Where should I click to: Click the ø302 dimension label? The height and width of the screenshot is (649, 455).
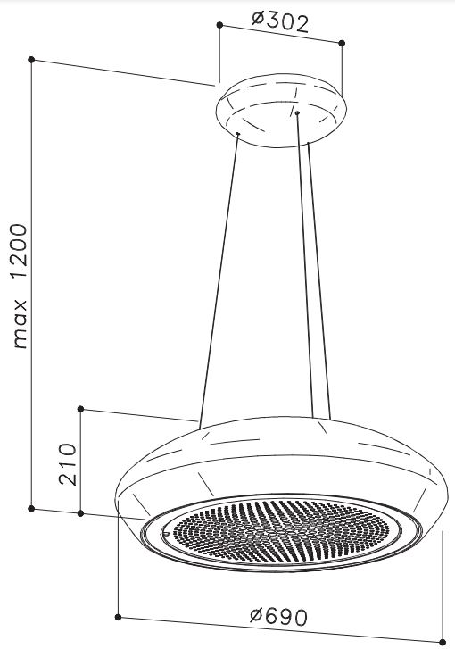[280, 23]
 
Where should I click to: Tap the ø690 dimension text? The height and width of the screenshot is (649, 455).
[278, 617]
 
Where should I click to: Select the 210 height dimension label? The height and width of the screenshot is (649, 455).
[68, 463]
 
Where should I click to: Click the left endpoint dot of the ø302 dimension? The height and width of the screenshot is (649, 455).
[219, 25]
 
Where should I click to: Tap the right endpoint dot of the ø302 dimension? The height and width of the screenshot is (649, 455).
[342, 43]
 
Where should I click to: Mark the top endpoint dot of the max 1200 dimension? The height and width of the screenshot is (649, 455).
[31, 60]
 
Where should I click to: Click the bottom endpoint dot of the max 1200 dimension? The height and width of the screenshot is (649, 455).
[31, 508]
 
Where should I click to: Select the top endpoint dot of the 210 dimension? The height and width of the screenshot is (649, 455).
[80, 409]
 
